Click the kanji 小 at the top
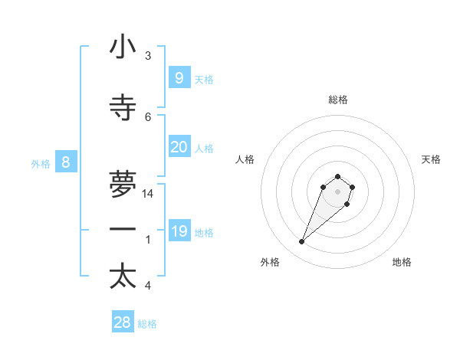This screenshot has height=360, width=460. click(x=123, y=47)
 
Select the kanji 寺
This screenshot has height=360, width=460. click(x=123, y=108)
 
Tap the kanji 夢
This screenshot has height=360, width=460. click(x=123, y=184)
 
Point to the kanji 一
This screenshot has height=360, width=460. click(x=123, y=230)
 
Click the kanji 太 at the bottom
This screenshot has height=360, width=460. click(x=123, y=277)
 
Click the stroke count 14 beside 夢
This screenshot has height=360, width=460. click(x=148, y=194)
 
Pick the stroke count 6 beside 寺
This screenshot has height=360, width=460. click(x=148, y=116)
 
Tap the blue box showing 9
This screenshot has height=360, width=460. click(x=179, y=77)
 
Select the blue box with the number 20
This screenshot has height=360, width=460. click(x=179, y=147)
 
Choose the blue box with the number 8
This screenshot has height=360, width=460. click(x=66, y=162)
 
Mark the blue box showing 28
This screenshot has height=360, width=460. click(x=122, y=322)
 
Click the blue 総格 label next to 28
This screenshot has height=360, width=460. click(x=147, y=324)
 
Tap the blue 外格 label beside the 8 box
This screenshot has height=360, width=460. click(x=40, y=163)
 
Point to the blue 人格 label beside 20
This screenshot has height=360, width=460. click(x=204, y=149)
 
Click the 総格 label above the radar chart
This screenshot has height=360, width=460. click(x=338, y=100)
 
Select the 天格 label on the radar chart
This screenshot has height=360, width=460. click(x=431, y=159)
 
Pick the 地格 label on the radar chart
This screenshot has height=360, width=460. click(x=402, y=262)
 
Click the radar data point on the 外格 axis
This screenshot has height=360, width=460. click(x=302, y=242)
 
